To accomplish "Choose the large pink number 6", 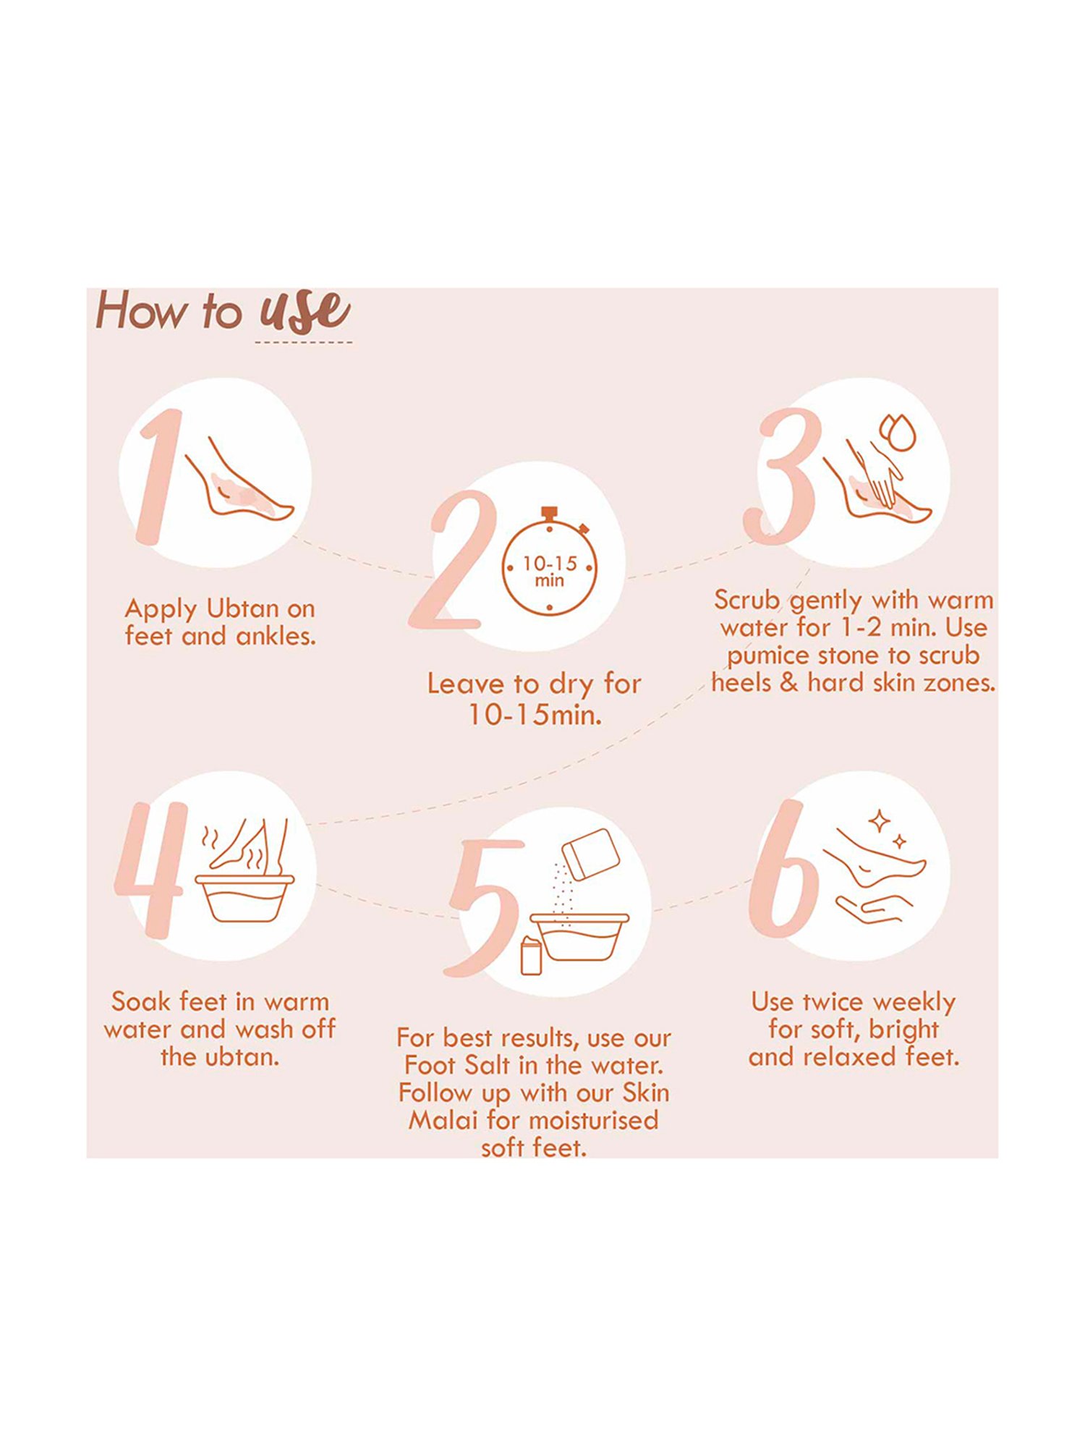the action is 783,868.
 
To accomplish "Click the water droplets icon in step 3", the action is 897,433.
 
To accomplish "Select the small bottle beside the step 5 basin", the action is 532,955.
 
